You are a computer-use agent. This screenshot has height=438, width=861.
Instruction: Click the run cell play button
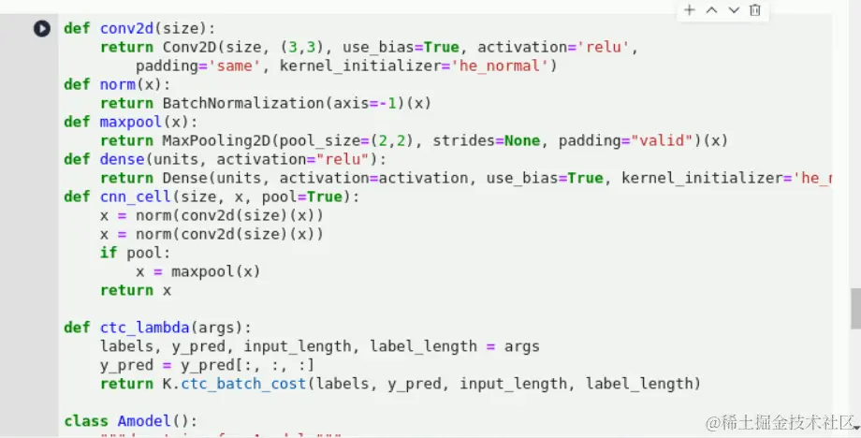pos(42,28)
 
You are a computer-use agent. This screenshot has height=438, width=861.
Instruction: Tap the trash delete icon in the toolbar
pos(755,10)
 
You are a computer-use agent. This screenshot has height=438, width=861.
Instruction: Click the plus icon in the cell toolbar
pos(689,10)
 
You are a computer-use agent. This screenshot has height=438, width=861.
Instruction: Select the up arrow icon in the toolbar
pos(711,10)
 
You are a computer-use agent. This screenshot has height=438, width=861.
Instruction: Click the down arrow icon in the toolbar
pos(734,10)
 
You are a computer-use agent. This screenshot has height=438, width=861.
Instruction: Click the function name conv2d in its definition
pos(126,28)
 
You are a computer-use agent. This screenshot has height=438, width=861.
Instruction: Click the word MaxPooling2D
pos(216,140)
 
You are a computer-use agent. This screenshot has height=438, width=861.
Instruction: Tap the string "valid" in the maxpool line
pos(666,140)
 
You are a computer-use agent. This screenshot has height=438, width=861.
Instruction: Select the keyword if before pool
pos(109,253)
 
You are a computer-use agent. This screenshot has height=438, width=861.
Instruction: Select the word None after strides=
pos(522,140)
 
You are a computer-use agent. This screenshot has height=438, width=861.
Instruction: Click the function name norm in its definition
pos(117,84)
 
